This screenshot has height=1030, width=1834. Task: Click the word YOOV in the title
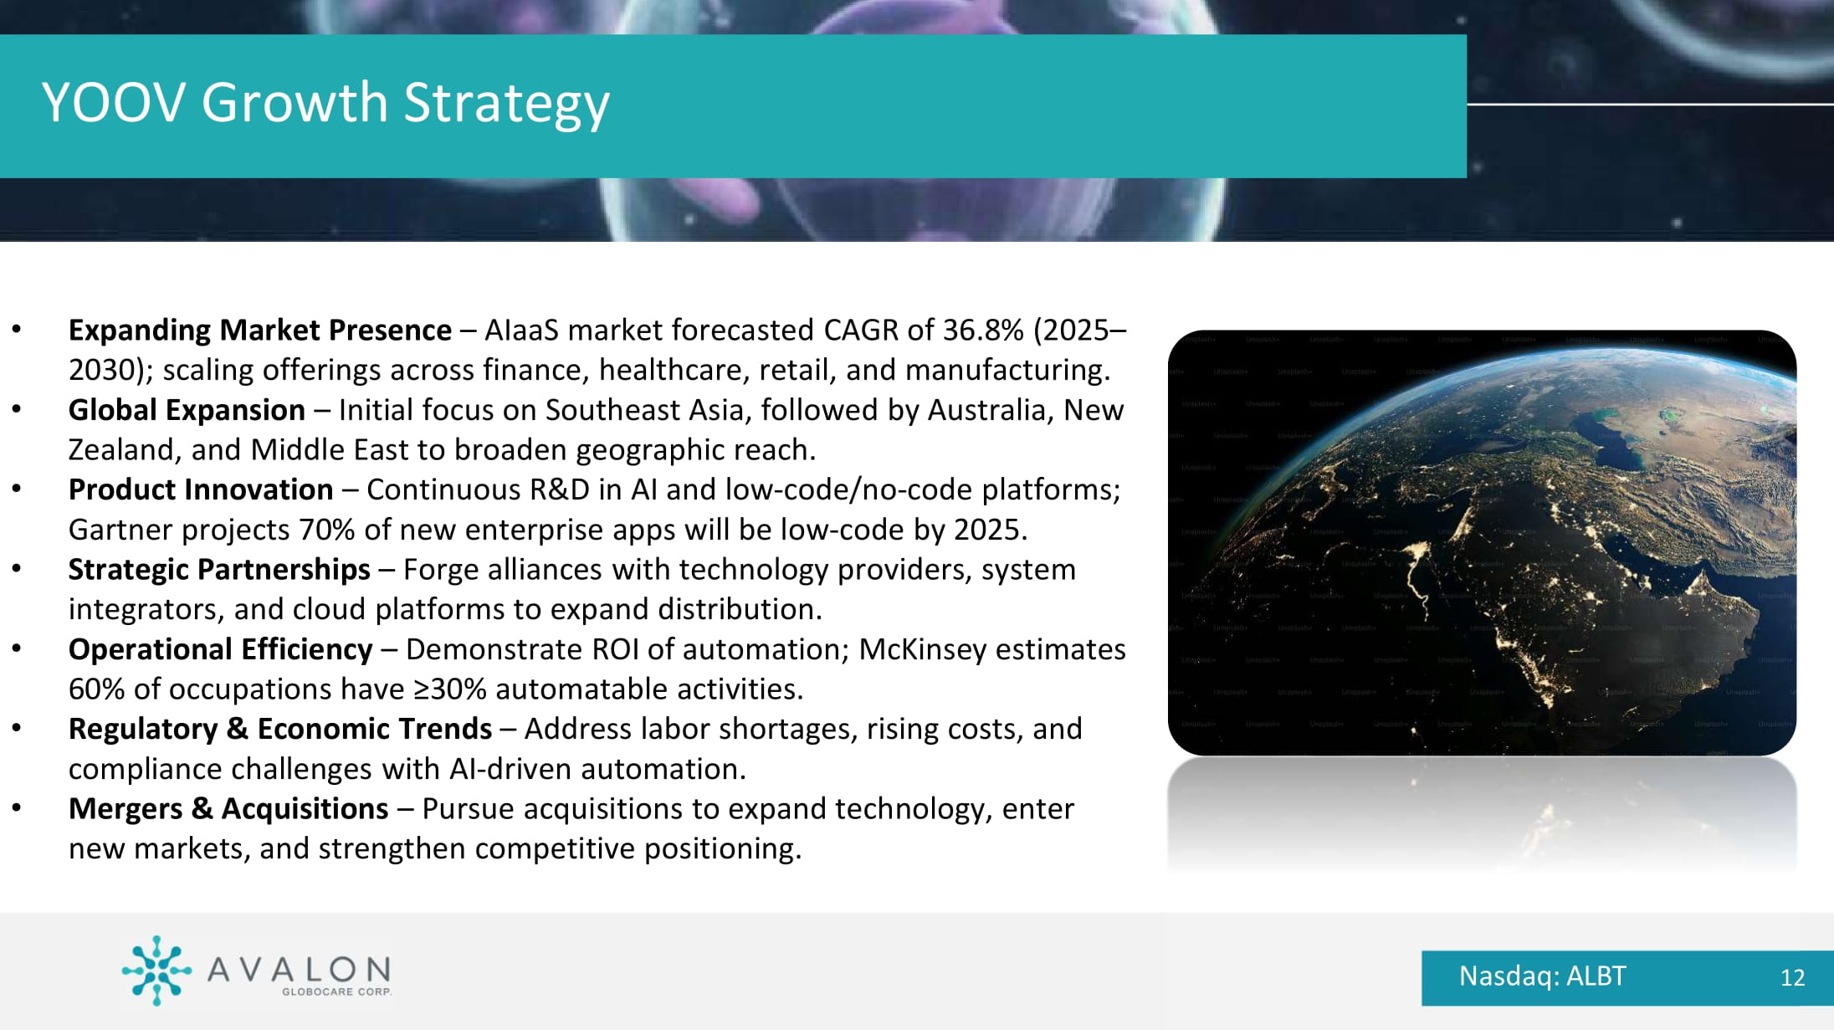pyautogui.click(x=114, y=103)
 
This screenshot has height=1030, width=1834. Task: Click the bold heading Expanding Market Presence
pyautogui.click(x=260, y=331)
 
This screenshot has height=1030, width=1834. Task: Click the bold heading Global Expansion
pyautogui.click(x=187, y=410)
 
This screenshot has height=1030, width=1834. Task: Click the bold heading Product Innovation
pyautogui.click(x=201, y=489)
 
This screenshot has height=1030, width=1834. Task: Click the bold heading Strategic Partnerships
pyautogui.click(x=219, y=570)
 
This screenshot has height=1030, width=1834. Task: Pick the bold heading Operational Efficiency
pyautogui.click(x=221, y=649)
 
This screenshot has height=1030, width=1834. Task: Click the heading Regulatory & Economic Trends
pyautogui.click(x=280, y=730)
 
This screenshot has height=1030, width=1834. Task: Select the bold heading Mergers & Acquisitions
pyautogui.click(x=228, y=809)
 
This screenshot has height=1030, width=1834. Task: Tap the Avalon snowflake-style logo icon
pyautogui.click(x=156, y=971)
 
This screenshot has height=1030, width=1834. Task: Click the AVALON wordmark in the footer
pyautogui.click(x=299, y=970)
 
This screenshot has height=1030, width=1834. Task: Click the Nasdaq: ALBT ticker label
pyautogui.click(x=1542, y=976)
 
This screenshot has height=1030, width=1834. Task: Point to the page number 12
pyautogui.click(x=1792, y=978)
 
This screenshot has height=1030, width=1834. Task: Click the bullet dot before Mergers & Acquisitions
pyautogui.click(x=17, y=808)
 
